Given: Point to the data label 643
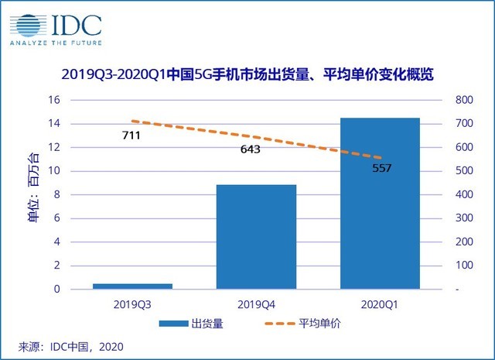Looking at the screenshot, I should [x=250, y=149].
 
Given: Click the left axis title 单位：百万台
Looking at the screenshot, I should [x=32, y=195].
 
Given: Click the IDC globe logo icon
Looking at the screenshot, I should [x=29, y=25].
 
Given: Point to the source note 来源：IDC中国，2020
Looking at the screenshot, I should [x=70, y=346].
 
